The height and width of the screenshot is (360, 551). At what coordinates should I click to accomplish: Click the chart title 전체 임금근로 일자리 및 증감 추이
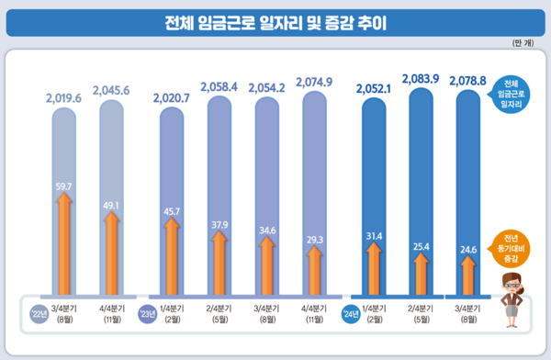click(275, 23)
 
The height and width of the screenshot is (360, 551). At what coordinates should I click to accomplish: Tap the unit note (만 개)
click(526, 43)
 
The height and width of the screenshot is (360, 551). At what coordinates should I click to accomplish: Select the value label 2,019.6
click(63, 95)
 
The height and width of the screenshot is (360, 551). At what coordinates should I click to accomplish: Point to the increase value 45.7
click(171, 212)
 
